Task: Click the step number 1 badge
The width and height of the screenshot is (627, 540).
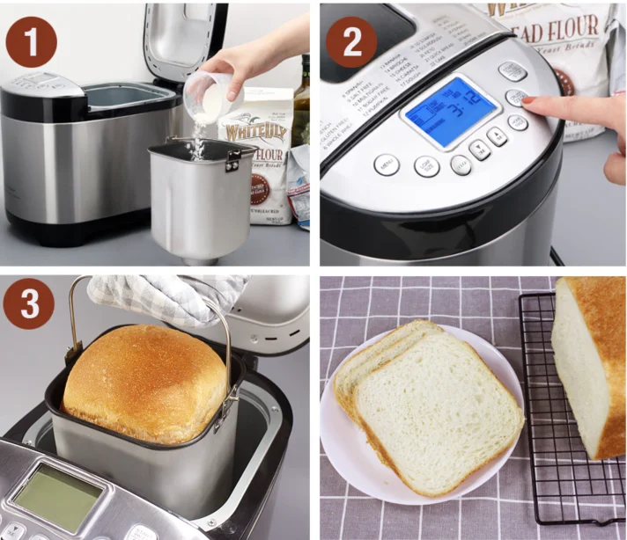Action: [x=30, y=41]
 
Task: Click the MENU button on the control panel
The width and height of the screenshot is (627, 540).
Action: [x=386, y=164]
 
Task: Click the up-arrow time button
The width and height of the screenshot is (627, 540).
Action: [x=498, y=135]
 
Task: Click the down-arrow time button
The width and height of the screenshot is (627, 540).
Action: [x=480, y=149]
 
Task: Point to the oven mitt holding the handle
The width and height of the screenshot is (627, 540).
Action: [x=163, y=296]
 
